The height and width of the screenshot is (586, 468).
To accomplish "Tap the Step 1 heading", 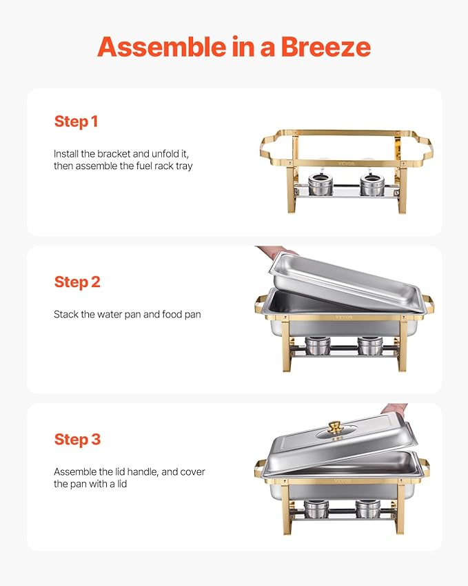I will tap(76, 121).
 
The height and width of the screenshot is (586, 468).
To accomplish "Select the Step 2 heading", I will tap(77, 282).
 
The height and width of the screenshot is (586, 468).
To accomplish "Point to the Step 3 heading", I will tap(77, 440).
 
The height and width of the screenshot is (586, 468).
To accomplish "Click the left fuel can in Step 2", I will tap(318, 345).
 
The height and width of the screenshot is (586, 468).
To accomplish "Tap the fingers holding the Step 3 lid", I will tap(396, 410).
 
